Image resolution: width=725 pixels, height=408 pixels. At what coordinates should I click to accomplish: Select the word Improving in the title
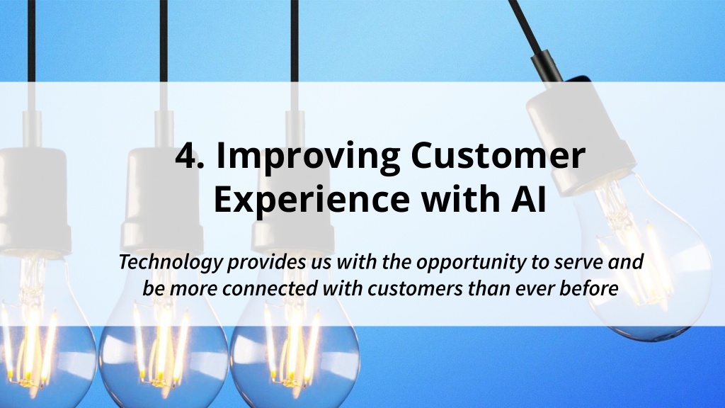(x=309, y=157)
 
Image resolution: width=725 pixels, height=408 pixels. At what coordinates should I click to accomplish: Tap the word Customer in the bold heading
(x=498, y=155)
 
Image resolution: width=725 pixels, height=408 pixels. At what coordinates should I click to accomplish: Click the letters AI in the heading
(x=529, y=199)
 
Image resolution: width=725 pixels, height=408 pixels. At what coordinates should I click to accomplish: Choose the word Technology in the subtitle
(x=171, y=262)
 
